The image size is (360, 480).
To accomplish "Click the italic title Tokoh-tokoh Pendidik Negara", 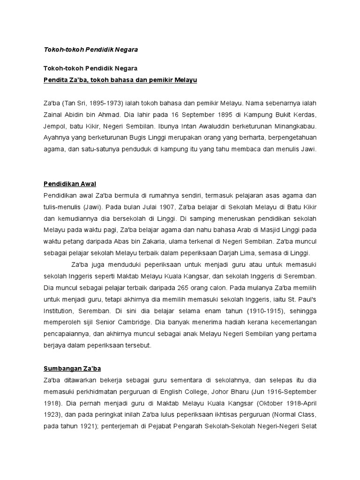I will click(x=90, y=49).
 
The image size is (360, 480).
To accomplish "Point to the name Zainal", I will click(x=54, y=115).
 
